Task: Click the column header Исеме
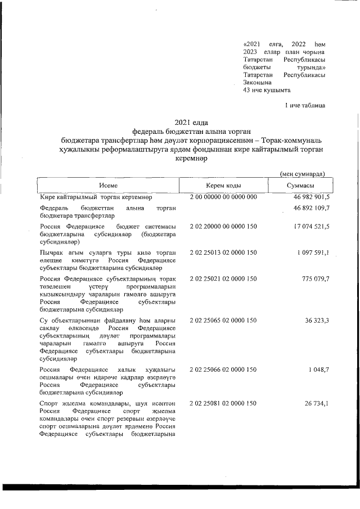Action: tap(109, 186)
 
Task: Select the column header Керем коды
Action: tap(224, 186)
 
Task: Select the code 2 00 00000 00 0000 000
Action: tap(223, 197)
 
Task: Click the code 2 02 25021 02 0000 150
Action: tap(223, 279)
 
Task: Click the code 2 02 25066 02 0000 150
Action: tap(223, 370)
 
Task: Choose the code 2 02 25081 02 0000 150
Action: tap(223, 403)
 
